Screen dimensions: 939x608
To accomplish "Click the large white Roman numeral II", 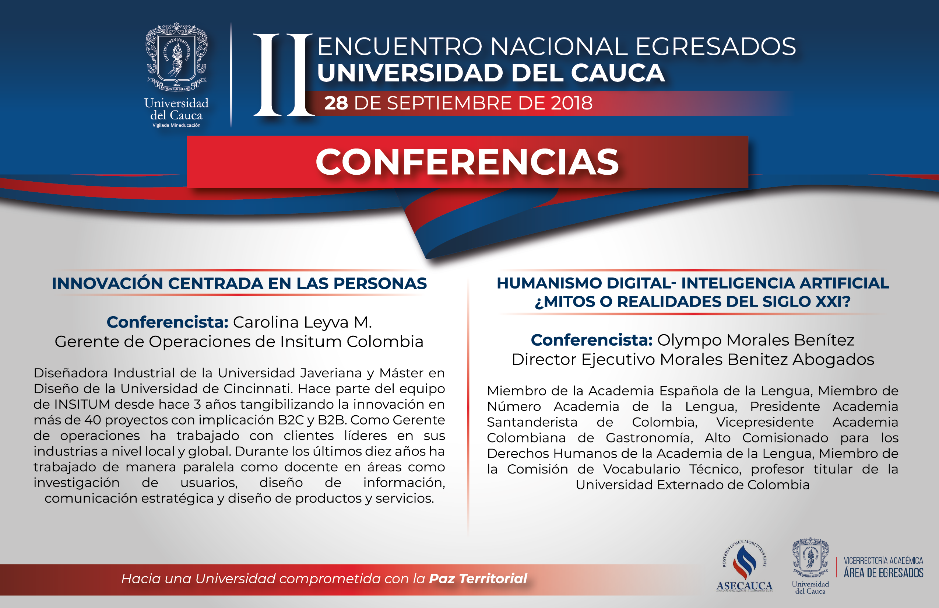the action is click(x=284, y=75).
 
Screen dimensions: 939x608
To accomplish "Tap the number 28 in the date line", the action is click(x=336, y=103).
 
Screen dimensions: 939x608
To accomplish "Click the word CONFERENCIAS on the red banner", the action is click(x=467, y=162).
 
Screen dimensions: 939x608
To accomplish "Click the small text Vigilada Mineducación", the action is click(x=176, y=125).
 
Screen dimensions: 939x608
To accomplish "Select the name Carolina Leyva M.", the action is click(x=302, y=322).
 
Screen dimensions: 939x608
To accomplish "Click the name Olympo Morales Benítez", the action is click(x=756, y=340).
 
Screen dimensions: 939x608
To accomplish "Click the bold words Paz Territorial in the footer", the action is click(x=478, y=579).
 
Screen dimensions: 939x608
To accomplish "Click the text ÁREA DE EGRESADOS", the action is click(x=883, y=573).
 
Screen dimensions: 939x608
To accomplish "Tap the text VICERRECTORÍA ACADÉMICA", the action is click(x=883, y=560).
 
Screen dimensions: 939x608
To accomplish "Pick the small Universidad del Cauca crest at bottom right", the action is click(x=810, y=558).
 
